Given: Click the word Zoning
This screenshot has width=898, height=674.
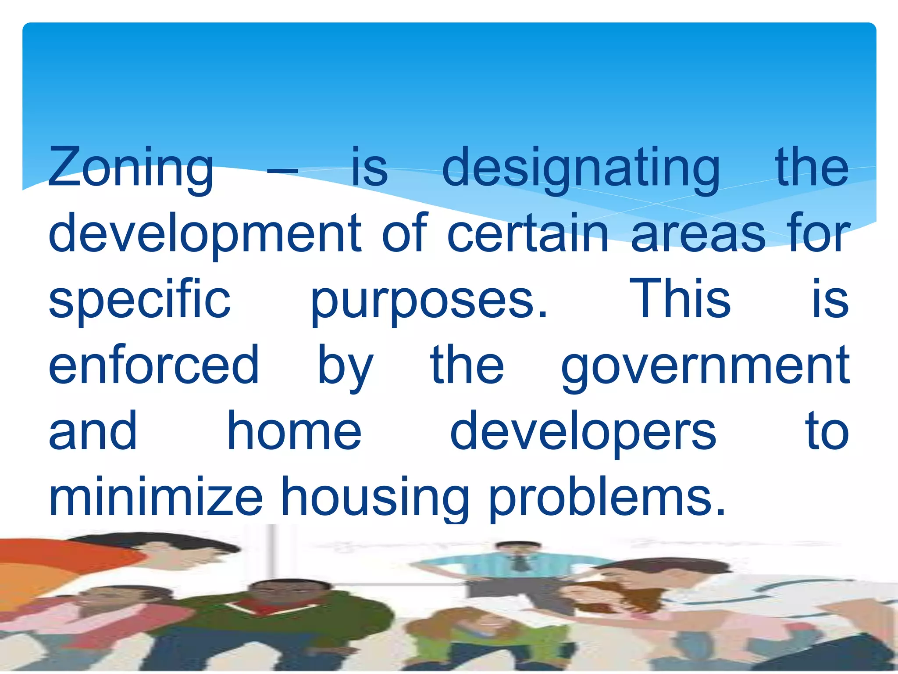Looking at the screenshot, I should [x=131, y=168].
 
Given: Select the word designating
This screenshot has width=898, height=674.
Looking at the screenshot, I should [x=581, y=168].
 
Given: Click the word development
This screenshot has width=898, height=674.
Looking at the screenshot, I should [x=205, y=234].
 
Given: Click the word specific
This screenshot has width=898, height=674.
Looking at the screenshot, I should [x=139, y=300].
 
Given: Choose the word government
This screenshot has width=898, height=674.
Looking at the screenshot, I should [x=705, y=367].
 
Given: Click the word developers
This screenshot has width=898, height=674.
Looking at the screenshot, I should [x=583, y=433].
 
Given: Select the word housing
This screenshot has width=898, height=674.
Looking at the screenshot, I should [x=375, y=498].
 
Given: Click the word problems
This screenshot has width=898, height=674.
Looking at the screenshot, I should [x=607, y=498].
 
